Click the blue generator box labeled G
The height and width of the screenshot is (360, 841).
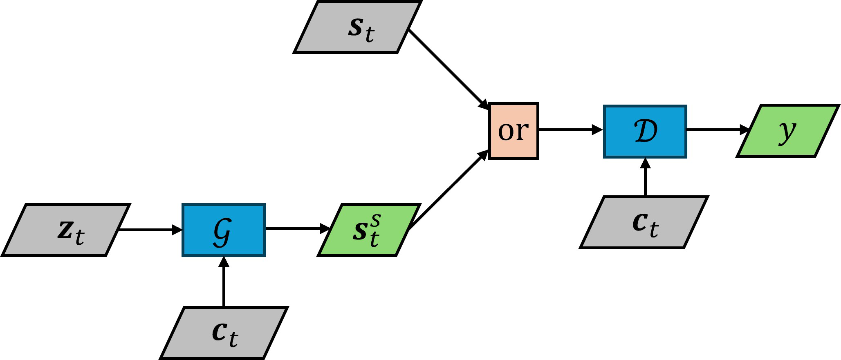[x=224, y=230]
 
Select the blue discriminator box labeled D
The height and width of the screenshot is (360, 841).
[x=645, y=131]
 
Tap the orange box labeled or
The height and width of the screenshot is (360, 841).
[x=514, y=131]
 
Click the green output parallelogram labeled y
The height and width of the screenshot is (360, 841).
[x=788, y=131]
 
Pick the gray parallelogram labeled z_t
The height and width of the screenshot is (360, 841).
[x=66, y=230]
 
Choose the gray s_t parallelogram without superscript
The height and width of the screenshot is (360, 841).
[x=358, y=27]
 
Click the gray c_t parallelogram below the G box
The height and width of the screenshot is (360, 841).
[x=224, y=333]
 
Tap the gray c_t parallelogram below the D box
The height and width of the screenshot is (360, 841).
[x=644, y=222]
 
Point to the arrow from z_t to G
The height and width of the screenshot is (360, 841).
[x=150, y=230]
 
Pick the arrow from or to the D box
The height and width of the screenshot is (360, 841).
[x=570, y=130]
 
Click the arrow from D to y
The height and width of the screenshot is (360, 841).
[x=718, y=130]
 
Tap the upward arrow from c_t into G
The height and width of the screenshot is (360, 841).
[x=224, y=282]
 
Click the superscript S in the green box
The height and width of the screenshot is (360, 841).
[x=376, y=221]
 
